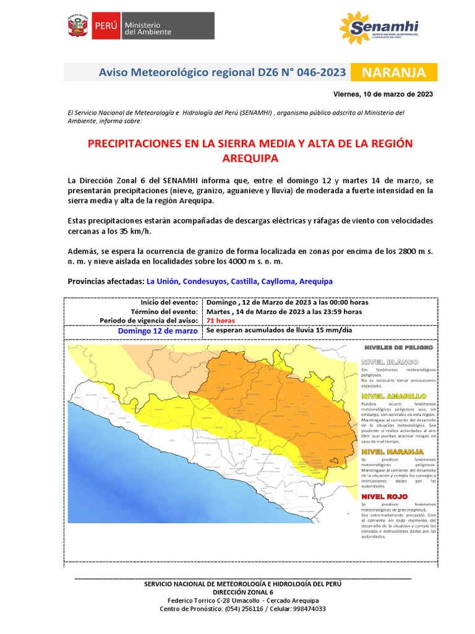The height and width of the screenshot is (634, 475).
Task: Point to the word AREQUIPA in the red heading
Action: [x=250, y=158]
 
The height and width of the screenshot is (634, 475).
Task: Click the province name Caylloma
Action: [x=278, y=281]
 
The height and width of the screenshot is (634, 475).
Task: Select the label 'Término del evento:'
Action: [x=164, y=311]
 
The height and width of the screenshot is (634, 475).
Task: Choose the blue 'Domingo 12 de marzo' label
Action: [x=158, y=331]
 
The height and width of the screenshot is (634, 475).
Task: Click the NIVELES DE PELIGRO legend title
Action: [x=399, y=348]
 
